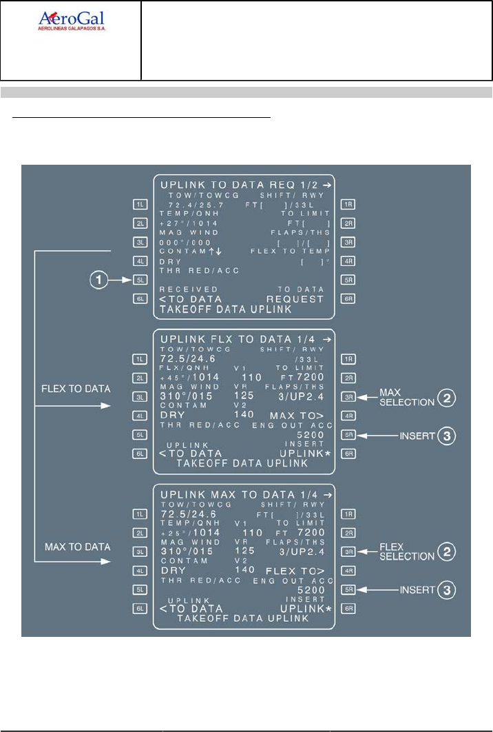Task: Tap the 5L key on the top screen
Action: click(141, 281)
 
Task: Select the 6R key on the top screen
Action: click(348, 299)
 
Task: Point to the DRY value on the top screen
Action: click(171, 263)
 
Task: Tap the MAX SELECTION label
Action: click(395, 397)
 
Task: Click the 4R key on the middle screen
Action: click(348, 416)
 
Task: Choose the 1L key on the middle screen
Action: click(141, 359)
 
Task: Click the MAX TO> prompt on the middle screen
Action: click(297, 416)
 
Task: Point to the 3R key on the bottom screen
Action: click(348, 551)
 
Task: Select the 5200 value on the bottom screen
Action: click(310, 591)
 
